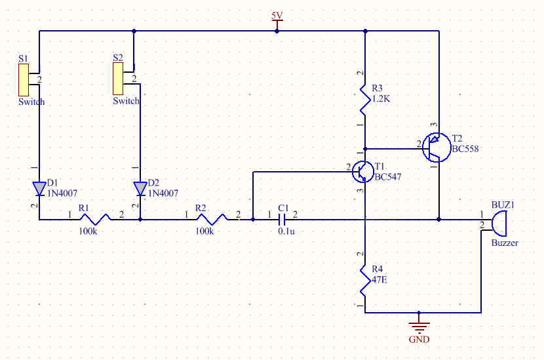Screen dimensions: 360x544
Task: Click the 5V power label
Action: [277, 15]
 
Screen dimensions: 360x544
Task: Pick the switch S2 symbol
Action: [121, 79]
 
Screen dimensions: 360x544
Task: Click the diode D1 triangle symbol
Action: [39, 189]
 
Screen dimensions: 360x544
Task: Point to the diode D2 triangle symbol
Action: [140, 189]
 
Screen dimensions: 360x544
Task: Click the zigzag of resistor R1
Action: [94, 219]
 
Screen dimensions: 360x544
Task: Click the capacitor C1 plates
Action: [282, 219]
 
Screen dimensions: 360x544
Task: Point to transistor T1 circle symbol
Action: [362, 170]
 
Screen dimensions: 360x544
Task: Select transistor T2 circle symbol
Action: [435, 147]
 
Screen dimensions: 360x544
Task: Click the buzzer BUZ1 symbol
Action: [499, 222]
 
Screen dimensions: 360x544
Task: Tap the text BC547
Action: [388, 177]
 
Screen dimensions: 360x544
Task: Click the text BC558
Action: [465, 149]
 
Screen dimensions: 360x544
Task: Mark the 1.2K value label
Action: [381, 99]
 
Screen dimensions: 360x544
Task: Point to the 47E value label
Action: [379, 279]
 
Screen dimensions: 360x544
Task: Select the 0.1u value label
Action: [285, 231]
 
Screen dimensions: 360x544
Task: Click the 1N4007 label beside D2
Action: [163, 193]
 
